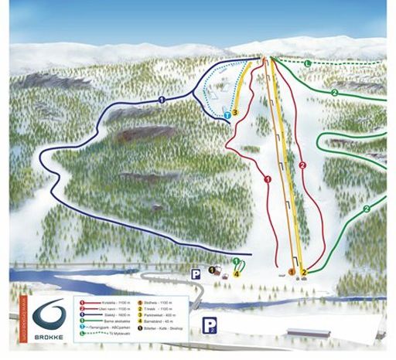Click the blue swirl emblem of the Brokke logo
click(49, 311)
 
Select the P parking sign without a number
click(196, 273)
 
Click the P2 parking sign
click(209, 325)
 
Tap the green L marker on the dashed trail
click(306, 62)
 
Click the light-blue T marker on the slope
click(227, 115)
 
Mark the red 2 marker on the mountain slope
click(302, 165)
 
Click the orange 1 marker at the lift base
click(292, 271)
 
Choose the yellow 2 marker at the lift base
click(304, 272)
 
